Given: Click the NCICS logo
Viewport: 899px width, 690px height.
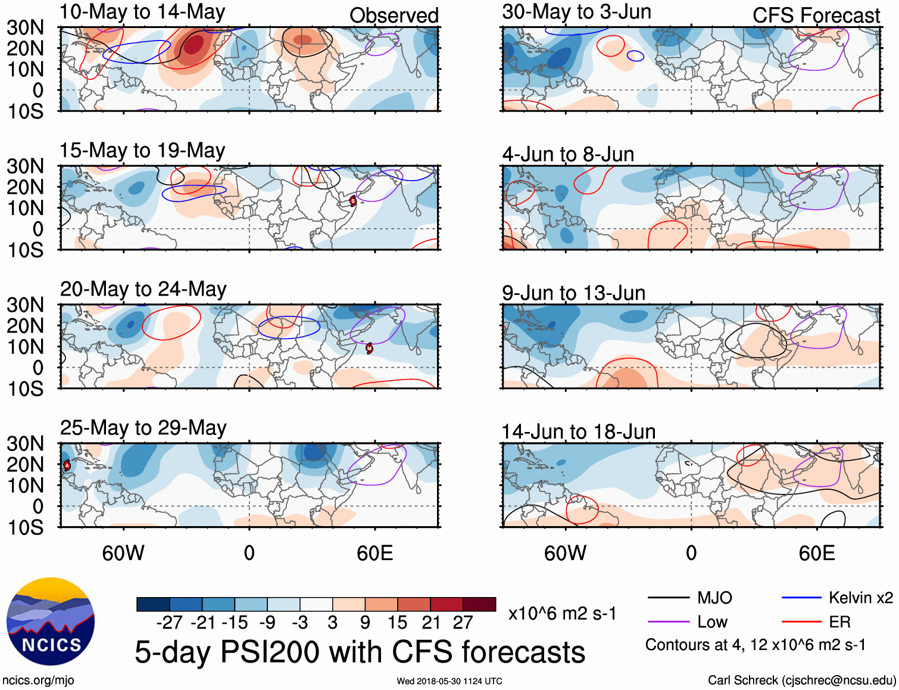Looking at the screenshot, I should pos(51,621).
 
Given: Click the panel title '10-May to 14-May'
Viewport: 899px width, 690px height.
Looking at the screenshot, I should pos(142,12).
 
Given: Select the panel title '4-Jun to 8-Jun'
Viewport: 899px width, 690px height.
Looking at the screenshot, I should pos(568,154).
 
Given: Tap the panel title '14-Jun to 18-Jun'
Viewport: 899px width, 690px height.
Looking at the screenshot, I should pos(578,431).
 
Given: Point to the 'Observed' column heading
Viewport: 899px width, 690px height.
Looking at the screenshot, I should pos(394,15).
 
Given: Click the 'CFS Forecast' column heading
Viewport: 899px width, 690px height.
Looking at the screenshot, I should pos(816,15).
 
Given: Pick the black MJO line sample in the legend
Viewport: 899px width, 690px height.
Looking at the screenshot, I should pos(668,598).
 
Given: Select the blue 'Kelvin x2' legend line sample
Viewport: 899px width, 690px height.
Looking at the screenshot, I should pos(801,598).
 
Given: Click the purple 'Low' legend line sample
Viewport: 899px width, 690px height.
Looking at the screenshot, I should pos(668,622).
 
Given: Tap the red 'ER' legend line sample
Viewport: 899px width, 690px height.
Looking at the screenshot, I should pos(801,622).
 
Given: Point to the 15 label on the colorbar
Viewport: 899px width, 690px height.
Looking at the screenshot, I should pos(397,623).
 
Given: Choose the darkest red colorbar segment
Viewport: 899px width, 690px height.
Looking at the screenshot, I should pos(479,604).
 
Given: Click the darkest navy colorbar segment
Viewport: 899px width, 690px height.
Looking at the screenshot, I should pos(152,604).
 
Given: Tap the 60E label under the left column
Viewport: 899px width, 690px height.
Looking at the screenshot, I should pos(374,553).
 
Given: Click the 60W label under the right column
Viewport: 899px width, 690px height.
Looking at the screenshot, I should pos(565,553).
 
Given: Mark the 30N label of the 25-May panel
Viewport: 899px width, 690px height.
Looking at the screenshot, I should pos(26,443).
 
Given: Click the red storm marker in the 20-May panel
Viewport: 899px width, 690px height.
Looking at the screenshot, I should pos(369,348).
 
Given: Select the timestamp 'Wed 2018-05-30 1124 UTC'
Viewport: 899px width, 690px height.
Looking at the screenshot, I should pos(449,681).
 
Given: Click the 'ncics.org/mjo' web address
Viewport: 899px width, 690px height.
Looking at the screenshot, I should pos(38,680).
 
